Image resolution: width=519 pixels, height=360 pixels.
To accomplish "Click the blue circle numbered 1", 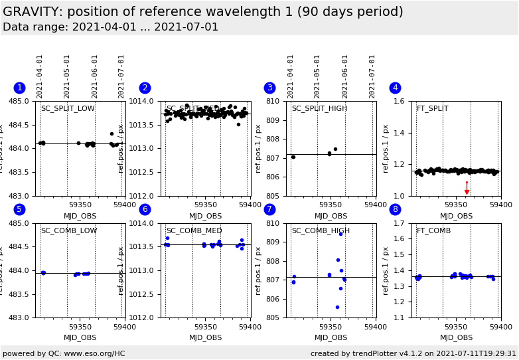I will pos(19,88).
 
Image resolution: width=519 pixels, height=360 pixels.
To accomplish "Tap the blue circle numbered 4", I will pos(395,88).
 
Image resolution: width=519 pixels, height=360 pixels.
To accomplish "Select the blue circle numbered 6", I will pos(145,210).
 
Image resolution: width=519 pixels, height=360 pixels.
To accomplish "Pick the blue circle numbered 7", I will pos(269,210).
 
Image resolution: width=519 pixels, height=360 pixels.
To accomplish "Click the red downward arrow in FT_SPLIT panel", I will pos(467,190).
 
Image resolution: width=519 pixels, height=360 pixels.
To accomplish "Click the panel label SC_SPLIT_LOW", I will pos(68,109).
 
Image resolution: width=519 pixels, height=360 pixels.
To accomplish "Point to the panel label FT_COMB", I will pos(433,231).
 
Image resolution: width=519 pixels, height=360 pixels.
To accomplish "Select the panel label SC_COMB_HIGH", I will pos(321,231).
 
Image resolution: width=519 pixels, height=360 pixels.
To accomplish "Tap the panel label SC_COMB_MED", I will pos(194,231).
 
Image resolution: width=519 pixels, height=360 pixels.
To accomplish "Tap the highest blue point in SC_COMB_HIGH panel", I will pos(341,234).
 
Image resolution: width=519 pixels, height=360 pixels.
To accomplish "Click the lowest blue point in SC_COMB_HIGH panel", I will pos(337,307).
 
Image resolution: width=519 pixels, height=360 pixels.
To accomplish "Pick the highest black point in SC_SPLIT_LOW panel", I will pos(111,134).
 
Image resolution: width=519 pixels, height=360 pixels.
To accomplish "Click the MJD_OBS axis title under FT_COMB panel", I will pos(457,338).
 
